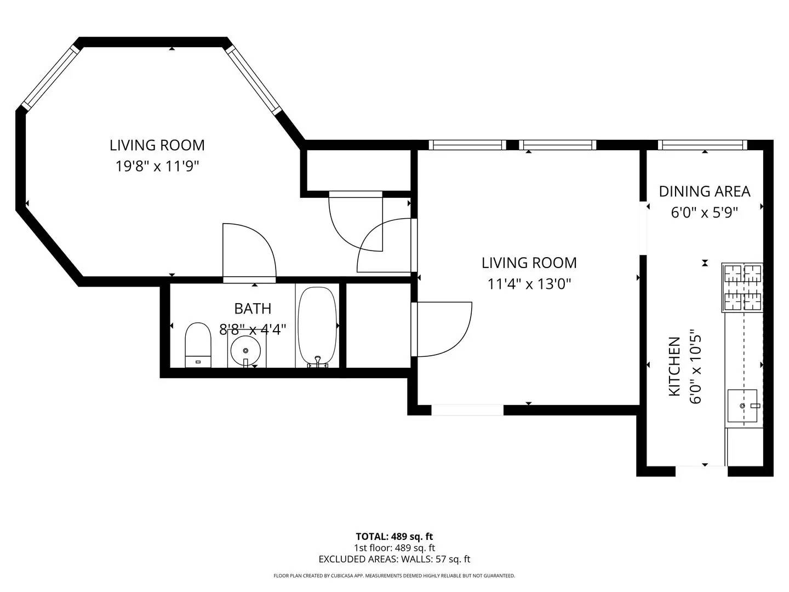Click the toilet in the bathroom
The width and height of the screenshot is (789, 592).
tap(198, 344)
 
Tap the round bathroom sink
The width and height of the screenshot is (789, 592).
tap(246, 349)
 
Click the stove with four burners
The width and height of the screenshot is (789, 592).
tap(743, 287)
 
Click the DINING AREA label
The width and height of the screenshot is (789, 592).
tap(704, 191)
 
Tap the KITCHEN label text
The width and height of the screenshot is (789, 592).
tap(674, 366)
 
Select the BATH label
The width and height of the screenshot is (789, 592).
tap(253, 309)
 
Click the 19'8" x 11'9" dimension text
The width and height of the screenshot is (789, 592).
tap(157, 166)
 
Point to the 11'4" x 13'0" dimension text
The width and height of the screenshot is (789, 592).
tap(529, 284)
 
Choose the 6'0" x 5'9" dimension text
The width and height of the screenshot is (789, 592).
tap(704, 212)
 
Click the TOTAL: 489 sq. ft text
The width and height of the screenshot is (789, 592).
tap(394, 537)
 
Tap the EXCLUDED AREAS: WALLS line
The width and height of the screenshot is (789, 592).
tap(394, 559)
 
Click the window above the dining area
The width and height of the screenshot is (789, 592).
tap(702, 145)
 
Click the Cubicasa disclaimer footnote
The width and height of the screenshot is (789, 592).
tap(394, 576)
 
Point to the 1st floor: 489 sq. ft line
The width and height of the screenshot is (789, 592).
tap(394, 548)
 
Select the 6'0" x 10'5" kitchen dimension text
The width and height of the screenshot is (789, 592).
tap(695, 366)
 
